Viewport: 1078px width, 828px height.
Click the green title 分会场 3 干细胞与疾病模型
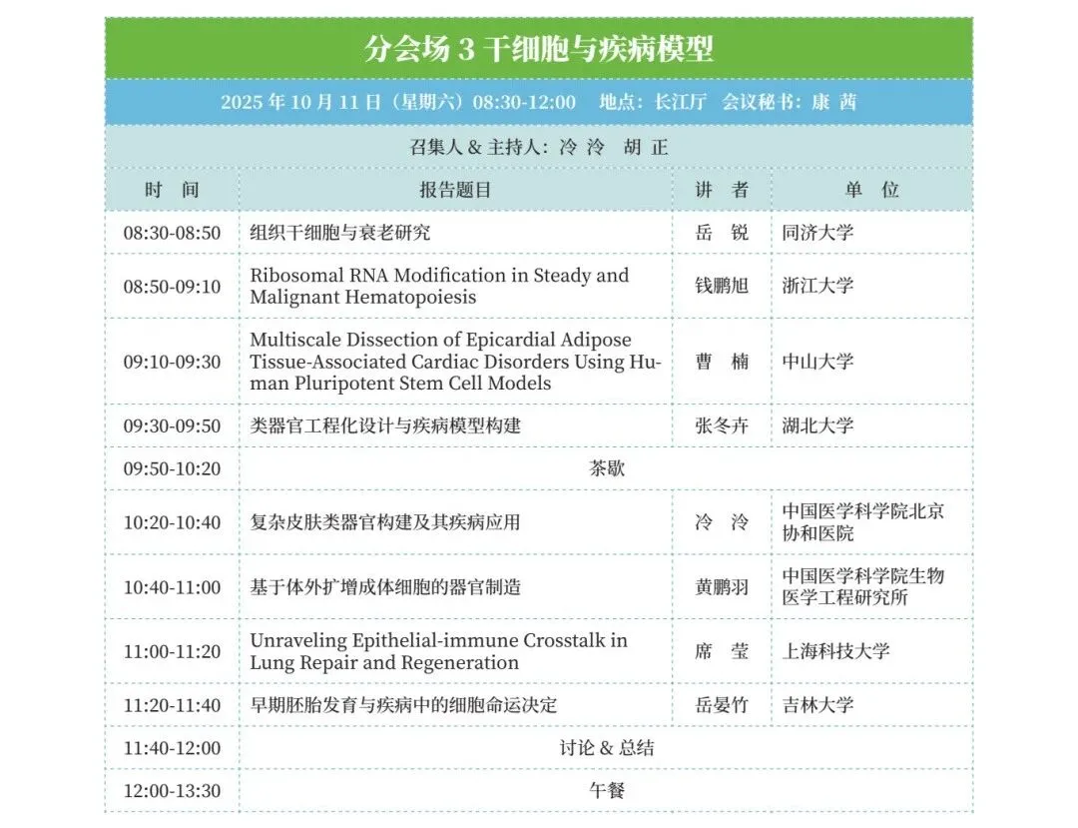pos(538,49)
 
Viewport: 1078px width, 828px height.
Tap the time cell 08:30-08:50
pos(172,233)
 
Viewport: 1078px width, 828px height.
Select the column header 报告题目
pos(455,190)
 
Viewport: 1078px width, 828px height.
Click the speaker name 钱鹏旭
pos(722,286)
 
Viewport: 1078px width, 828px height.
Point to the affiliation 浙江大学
pos(817,286)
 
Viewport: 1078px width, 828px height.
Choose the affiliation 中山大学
pos(817,361)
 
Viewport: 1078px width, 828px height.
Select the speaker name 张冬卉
pos(722,425)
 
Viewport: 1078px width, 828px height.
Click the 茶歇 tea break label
pos(607,468)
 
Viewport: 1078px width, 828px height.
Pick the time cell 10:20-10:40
pos(172,522)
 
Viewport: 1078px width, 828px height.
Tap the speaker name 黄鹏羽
pos(722,587)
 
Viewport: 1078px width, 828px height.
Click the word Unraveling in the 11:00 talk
pos(298,640)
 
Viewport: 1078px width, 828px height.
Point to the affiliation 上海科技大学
pos(835,651)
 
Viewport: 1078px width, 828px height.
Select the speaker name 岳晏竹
pos(722,705)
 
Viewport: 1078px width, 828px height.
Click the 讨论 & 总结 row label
pos(607,747)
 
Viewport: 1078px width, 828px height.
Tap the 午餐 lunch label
pos(607,790)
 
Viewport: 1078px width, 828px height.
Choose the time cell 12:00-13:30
pos(172,791)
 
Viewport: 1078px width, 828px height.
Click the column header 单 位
pos(871,190)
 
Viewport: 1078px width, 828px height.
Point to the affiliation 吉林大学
pos(817,705)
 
